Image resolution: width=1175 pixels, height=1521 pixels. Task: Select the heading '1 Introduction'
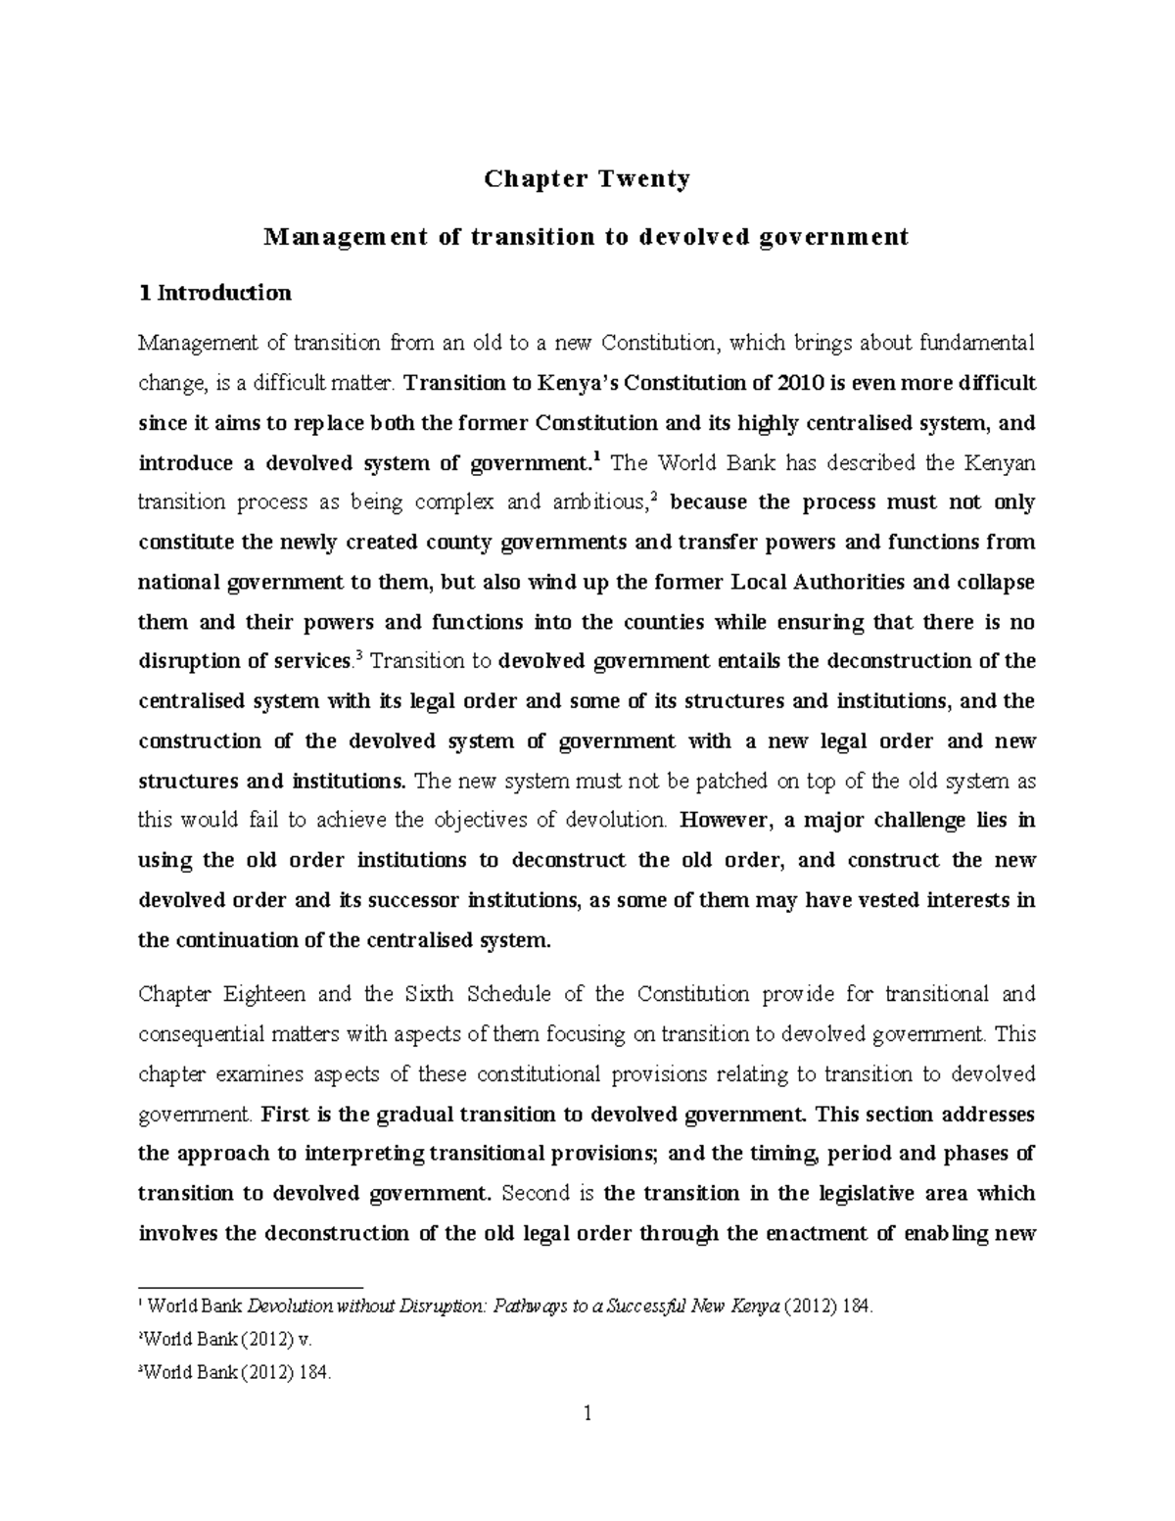pos(214,293)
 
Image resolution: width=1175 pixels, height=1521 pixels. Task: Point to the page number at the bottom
pos(587,1414)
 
